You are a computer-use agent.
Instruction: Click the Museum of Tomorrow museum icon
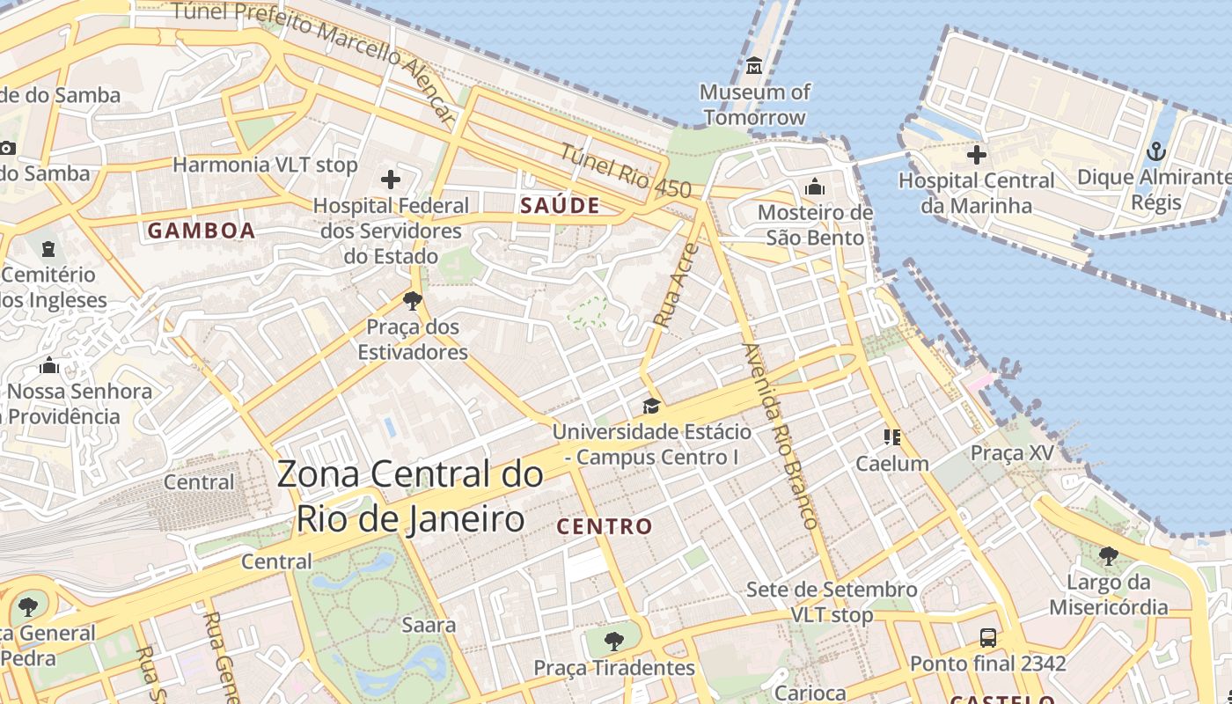(754, 66)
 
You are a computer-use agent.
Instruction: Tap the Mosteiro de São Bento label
(815, 225)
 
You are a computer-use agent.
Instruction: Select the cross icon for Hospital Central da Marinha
(976, 155)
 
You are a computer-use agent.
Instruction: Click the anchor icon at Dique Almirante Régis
(1156, 152)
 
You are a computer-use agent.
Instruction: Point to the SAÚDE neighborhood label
(560, 206)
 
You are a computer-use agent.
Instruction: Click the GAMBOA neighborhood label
(202, 231)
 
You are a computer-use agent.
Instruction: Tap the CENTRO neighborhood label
(605, 527)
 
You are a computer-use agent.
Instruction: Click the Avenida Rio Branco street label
(781, 436)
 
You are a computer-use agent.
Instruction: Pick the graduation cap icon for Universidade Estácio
(651, 406)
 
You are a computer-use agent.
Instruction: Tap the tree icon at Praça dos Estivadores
(412, 301)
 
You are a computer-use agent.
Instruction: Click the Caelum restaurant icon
(892, 437)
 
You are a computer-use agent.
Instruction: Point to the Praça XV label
(1011, 453)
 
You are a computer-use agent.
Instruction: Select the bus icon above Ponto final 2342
(988, 638)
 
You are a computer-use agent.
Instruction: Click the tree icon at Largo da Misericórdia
(1108, 556)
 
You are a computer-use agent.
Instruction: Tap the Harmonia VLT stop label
(265, 165)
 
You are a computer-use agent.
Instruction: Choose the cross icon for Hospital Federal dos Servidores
(391, 180)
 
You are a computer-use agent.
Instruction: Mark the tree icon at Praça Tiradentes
(614, 642)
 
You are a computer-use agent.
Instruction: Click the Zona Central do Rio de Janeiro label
(410, 496)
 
